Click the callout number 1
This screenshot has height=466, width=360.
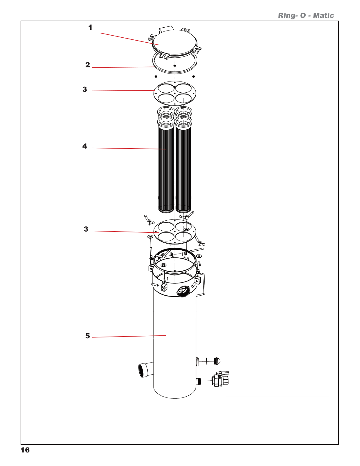(x=90, y=27)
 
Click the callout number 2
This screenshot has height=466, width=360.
(x=88, y=65)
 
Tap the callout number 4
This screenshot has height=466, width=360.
(x=85, y=146)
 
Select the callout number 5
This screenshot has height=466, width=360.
(x=88, y=336)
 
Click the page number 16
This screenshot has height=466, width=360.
(x=25, y=450)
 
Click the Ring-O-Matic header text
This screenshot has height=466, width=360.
(x=306, y=16)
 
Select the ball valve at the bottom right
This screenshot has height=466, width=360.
(x=220, y=380)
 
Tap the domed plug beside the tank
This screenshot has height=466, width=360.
(x=217, y=361)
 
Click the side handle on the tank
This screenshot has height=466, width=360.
(x=203, y=284)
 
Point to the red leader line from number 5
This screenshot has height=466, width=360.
(x=129, y=336)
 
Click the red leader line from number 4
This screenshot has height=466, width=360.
(x=129, y=149)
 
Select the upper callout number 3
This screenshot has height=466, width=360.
(x=85, y=89)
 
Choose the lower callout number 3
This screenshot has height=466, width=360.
(x=86, y=229)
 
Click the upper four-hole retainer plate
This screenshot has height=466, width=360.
(x=175, y=94)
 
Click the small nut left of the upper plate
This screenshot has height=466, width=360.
(x=156, y=77)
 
